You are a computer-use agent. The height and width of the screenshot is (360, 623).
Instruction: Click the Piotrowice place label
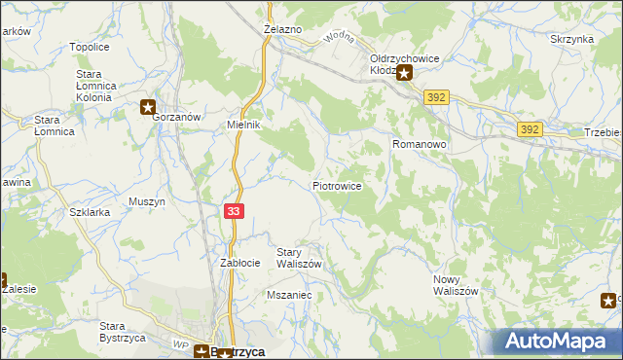pos(338,185)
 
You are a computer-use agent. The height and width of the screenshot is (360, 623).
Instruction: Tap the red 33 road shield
pos(234,211)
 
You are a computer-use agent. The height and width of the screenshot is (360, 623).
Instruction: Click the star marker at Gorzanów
pos(147,107)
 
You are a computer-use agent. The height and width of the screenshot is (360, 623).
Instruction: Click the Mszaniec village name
pos(288,293)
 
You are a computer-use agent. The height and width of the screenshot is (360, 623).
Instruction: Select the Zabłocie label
pos(239,263)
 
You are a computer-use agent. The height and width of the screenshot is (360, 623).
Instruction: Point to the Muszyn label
pos(147,201)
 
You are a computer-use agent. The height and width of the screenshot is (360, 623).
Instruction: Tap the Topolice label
pos(89,46)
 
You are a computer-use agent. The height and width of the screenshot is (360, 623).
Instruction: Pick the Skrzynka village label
pos(571,39)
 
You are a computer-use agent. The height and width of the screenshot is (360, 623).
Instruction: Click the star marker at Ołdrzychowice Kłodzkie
pos(404,72)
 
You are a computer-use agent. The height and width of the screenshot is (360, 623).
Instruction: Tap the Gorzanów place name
pos(176,117)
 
